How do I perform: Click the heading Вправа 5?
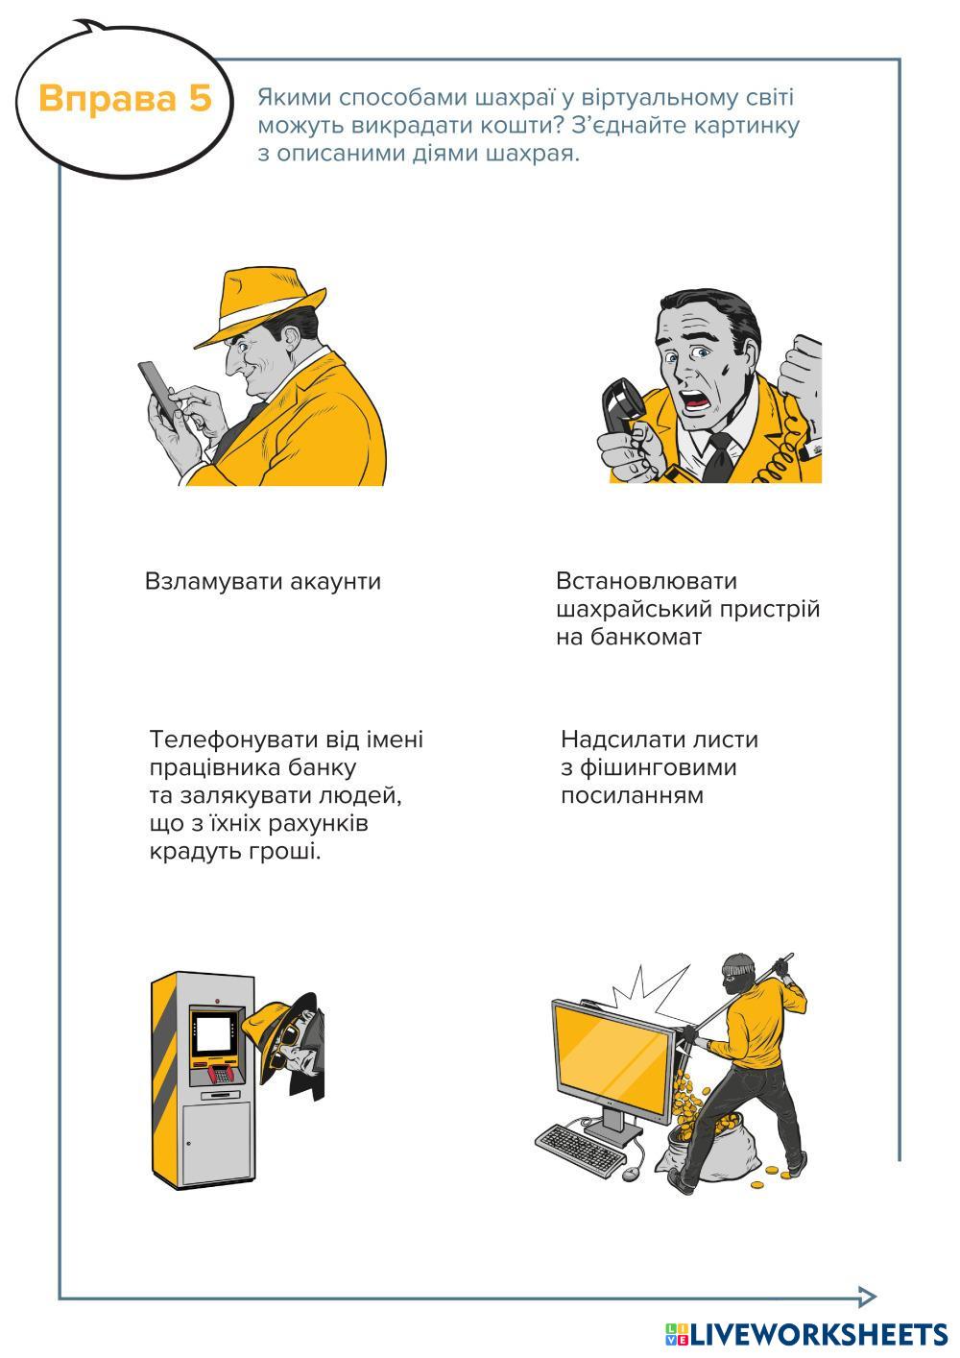pos(126,98)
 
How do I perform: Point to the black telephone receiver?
pos(621,404)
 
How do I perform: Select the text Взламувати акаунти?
pos(263,581)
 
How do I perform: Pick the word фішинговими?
pos(659,768)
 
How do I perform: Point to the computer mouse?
pos(631,1174)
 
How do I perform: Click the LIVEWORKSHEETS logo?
pos(806,1334)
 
